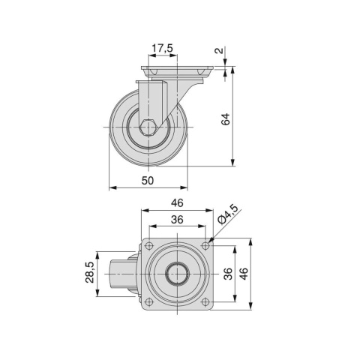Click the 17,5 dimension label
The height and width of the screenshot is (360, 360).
coord(163,48)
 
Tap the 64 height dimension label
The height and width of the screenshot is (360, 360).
coord(226,119)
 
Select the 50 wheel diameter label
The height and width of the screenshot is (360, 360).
coord(148,181)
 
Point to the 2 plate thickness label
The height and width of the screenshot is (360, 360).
coord(219,50)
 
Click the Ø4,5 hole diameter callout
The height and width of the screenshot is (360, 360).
coord(227,214)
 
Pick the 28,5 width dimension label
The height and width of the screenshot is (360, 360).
coord(90,272)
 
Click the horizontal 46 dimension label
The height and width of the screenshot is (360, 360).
coord(177,202)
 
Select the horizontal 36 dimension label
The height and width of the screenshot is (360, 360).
coord(177,219)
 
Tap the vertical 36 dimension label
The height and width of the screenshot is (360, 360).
coord(228,274)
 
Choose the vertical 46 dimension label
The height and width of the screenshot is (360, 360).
coord(244,274)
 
